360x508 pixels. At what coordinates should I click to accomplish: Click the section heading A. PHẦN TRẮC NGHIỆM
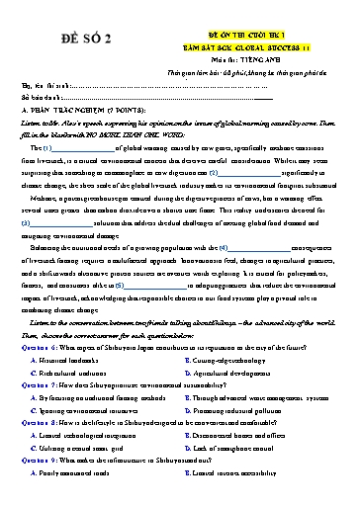(x=83, y=114)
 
